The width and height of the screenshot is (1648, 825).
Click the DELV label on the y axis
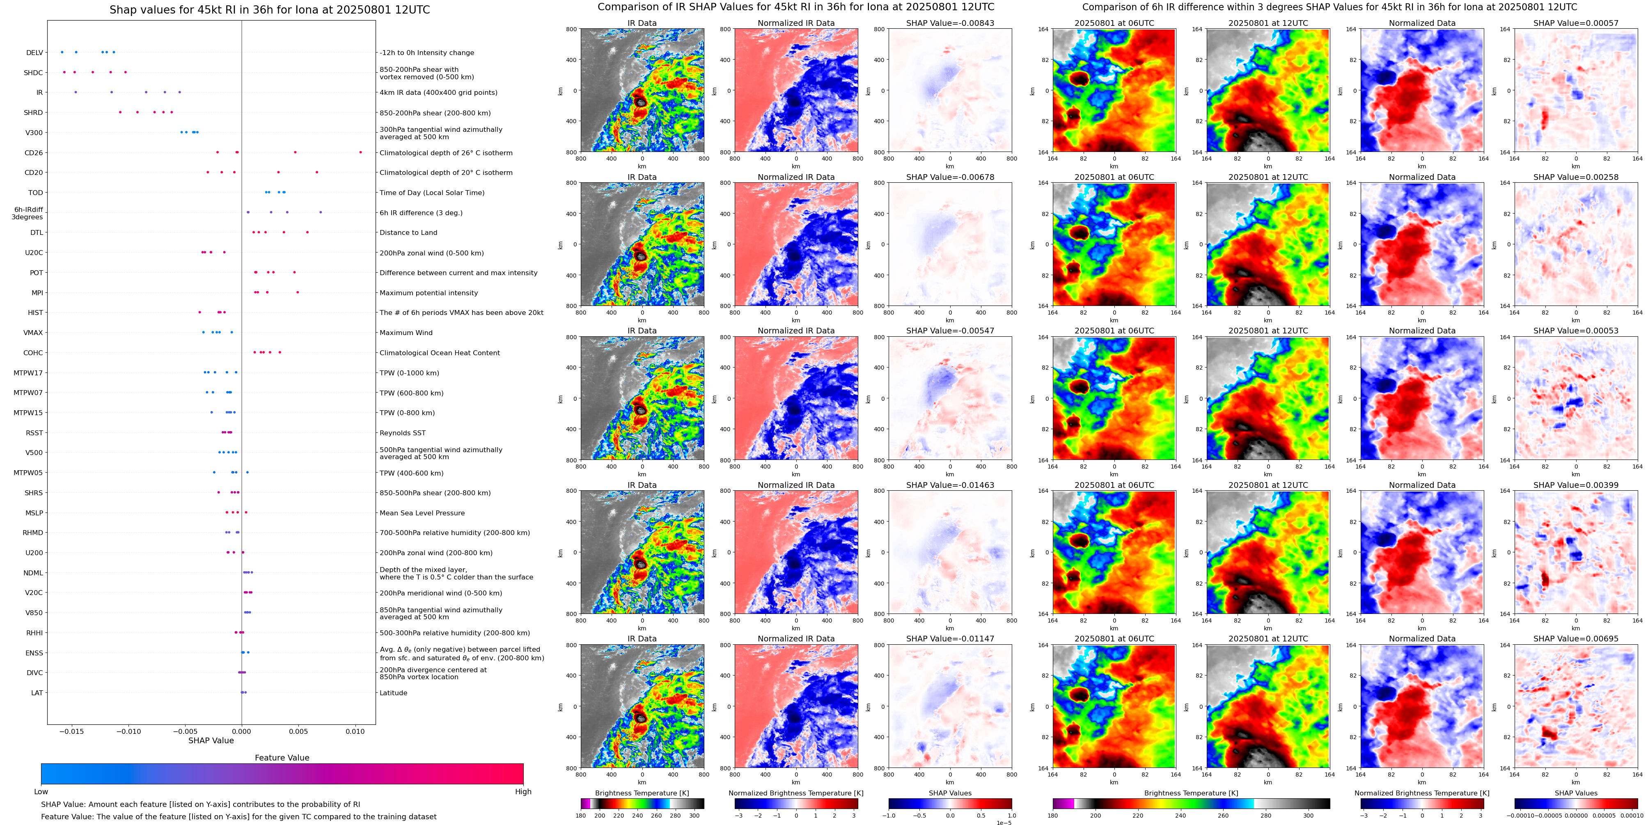tap(34, 53)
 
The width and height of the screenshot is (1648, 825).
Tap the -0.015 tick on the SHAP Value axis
tap(72, 731)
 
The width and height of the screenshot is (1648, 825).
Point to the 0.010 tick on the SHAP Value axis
tap(355, 731)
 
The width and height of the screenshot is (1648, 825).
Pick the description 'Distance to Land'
tap(408, 233)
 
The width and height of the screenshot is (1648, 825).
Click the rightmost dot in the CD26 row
tap(361, 152)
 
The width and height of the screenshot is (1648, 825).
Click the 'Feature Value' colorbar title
tap(282, 758)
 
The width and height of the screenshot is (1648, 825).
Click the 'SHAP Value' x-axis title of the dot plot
tap(211, 740)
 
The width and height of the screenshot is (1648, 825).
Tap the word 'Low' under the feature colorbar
tap(41, 792)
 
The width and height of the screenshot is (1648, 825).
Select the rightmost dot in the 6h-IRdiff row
tap(321, 212)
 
